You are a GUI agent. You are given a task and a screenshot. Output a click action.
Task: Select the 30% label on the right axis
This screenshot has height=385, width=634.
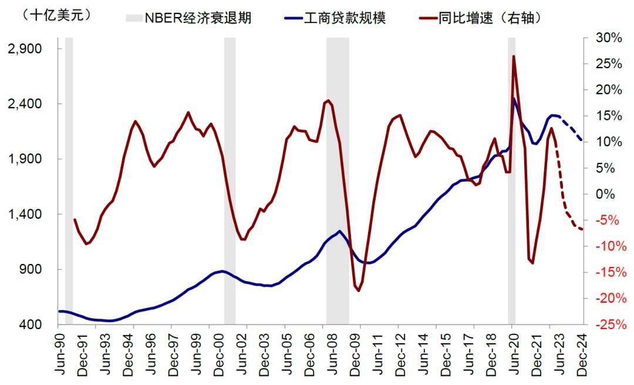click(x=608, y=38)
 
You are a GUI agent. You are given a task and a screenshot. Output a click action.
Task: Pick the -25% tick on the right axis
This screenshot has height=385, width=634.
click(x=608, y=324)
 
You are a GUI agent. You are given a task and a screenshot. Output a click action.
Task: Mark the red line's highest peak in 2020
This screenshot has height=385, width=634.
click(x=514, y=56)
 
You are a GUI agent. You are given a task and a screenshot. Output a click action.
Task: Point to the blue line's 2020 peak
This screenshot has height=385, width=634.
click(x=514, y=99)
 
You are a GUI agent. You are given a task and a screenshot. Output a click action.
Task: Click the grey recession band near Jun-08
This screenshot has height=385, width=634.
click(x=338, y=176)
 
